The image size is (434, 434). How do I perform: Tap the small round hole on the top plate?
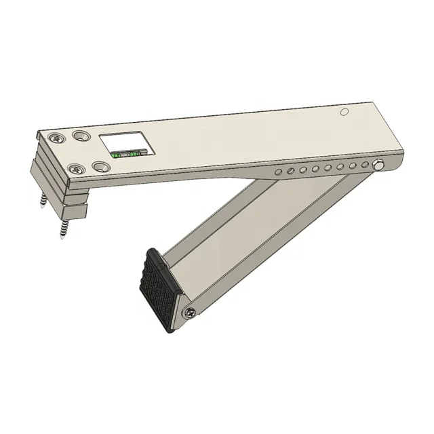click(x=344, y=111)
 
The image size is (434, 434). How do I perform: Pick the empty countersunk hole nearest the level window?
click(x=101, y=166)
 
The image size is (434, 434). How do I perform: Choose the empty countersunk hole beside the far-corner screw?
click(x=81, y=136)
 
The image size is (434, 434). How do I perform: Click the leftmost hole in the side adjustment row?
click(x=277, y=174)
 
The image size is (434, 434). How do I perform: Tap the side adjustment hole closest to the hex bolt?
click(x=366, y=164)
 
